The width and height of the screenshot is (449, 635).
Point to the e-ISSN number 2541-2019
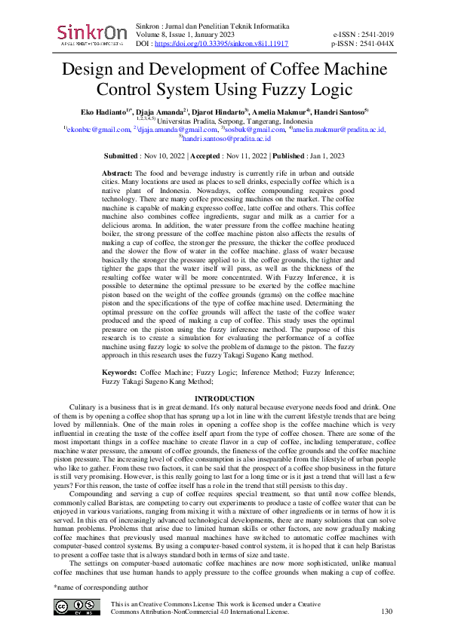pos(375,35)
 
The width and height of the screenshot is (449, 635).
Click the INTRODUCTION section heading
pos(224,398)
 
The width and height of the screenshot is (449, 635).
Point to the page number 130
pos(388,612)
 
